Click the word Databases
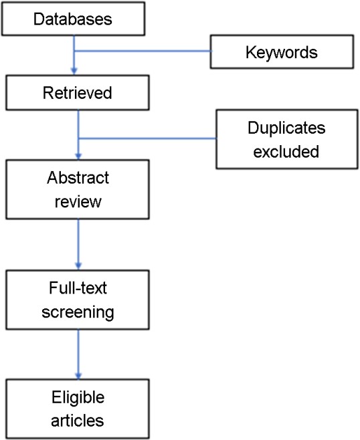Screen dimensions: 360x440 [x=73, y=19]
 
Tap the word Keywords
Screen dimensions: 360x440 [x=282, y=52]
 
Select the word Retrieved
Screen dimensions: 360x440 [x=77, y=92]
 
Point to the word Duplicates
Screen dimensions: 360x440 [x=286, y=128]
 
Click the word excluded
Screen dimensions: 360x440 [x=286, y=152]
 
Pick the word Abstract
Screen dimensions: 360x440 [x=78, y=178]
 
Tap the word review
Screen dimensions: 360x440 [x=78, y=201]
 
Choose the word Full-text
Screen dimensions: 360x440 [x=78, y=288]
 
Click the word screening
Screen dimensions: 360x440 [x=78, y=312]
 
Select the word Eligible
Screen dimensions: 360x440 [x=78, y=397]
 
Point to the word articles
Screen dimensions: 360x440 [x=78, y=421]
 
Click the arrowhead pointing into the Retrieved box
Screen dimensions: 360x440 [x=74, y=72]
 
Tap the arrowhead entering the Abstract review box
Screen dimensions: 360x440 [x=78, y=156]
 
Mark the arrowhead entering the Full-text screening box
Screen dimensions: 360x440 [x=78, y=265]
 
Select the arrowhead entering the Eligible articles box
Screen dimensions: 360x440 [x=78, y=375]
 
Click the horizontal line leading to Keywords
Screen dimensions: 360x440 [x=143, y=51]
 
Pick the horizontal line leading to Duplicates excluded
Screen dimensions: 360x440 [x=148, y=138]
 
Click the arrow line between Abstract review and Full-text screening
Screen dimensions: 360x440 [x=78, y=244]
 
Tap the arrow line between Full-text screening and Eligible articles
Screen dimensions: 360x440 [x=78, y=354]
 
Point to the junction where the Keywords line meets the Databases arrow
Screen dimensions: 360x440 [x=74, y=51]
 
